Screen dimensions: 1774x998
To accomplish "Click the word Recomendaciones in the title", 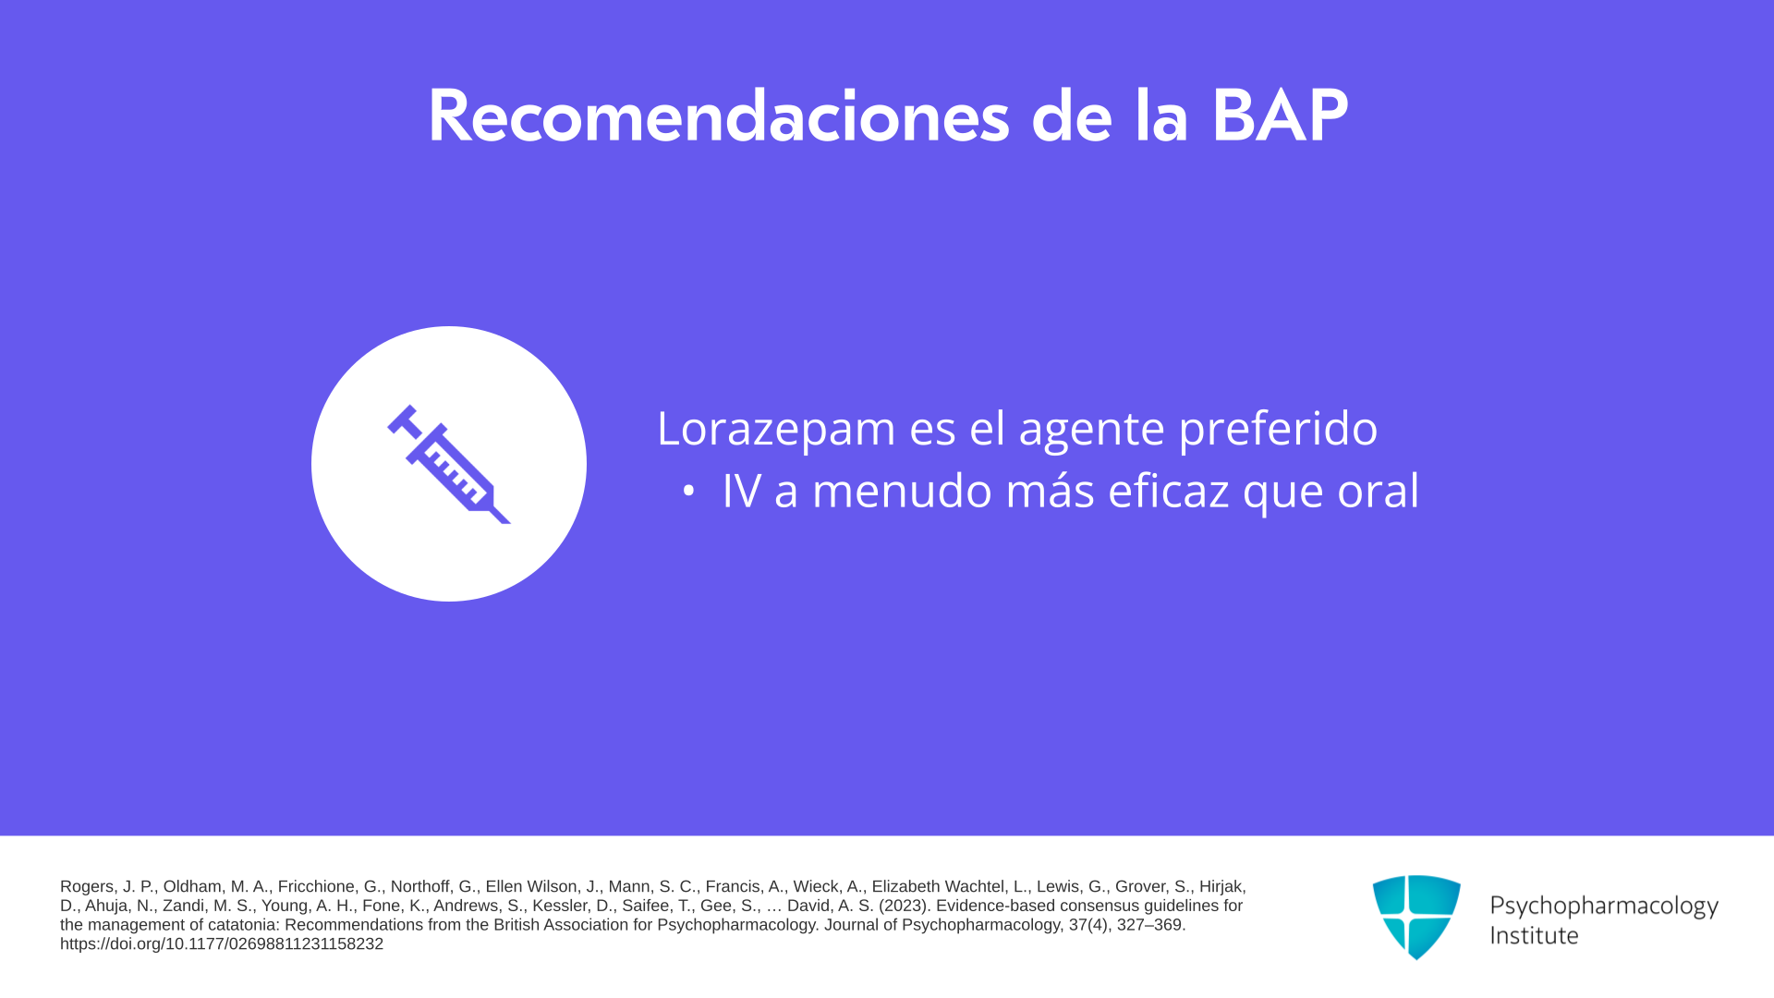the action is tap(719, 116).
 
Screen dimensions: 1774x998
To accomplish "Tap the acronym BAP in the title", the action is tap(1280, 116).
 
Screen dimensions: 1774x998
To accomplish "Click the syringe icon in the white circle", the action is tap(449, 464).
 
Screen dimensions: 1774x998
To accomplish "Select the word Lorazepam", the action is tap(776, 428).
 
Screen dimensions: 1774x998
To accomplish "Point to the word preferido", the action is tap(1278, 428).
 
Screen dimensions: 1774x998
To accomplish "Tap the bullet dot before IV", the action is tap(687, 492).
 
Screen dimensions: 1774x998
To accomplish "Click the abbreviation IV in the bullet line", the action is tap(741, 491).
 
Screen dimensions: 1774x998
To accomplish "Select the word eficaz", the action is tap(1168, 490).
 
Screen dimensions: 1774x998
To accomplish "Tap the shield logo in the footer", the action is tap(1416, 917).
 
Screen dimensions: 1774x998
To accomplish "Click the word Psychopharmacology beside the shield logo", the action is tap(1604, 906).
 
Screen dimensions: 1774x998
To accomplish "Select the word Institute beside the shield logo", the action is tap(1534, 935).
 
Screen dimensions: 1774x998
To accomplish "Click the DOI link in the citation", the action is tap(222, 944).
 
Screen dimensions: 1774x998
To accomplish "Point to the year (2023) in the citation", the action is tap(904, 906).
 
